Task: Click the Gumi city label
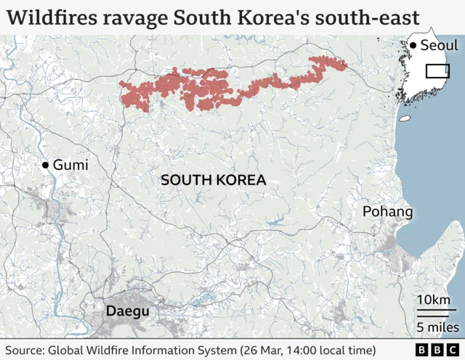tap(70, 165)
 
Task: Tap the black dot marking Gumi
tap(46, 165)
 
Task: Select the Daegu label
tap(128, 311)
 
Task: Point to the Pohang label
tap(388, 212)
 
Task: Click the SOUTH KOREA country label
tap(213, 179)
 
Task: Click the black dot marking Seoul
tap(413, 46)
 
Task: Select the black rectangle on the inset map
tap(437, 71)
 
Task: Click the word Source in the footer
tap(24, 351)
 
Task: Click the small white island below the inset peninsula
tap(405, 118)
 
